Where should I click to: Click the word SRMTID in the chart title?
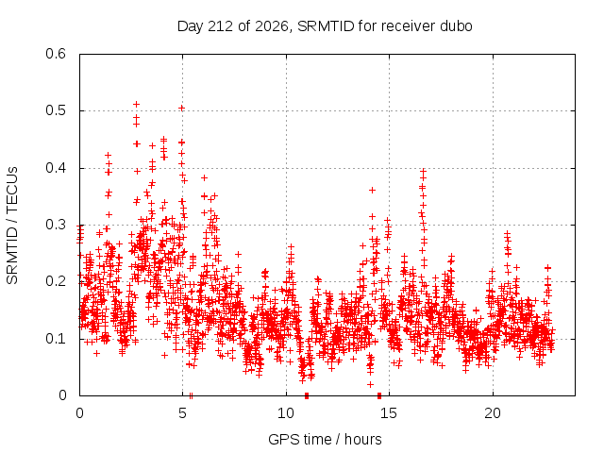point(326,26)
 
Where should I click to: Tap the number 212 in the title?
point(220,26)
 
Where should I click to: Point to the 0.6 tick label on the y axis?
point(56,54)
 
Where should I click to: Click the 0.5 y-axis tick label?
point(56,110)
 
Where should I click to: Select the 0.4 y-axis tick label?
point(56,168)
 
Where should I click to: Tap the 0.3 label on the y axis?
point(56,225)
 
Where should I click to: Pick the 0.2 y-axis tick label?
point(56,281)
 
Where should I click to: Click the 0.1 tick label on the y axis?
point(56,339)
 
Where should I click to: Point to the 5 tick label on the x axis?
point(182,413)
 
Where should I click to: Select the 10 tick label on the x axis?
point(286,413)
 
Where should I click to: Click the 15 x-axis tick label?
point(389,413)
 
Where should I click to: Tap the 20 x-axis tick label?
point(493,413)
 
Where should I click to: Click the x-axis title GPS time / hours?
point(325,439)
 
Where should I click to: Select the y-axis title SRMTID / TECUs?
point(12,226)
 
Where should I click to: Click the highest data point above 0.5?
point(136,105)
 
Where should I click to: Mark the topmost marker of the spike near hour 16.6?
point(424,171)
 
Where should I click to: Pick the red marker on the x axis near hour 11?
point(307,395)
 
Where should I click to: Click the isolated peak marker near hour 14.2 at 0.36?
point(372,190)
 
